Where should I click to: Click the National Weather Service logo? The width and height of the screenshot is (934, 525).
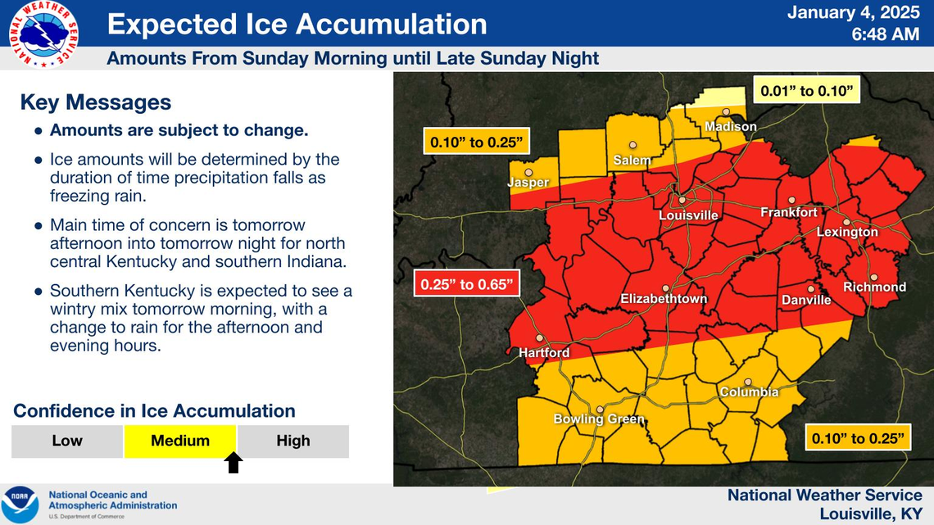44,34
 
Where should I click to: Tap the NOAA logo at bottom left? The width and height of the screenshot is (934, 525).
20,504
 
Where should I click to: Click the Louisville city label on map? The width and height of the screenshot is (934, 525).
688,215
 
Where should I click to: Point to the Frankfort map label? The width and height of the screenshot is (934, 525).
789,212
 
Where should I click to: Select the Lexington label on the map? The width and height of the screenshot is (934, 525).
847,232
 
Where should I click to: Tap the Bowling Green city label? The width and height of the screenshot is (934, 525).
599,419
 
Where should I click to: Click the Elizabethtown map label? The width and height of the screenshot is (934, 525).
664,299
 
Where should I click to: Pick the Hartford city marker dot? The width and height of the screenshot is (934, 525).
539,337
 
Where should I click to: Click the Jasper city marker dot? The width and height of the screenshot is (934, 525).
529,173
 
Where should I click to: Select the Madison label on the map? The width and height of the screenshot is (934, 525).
731,127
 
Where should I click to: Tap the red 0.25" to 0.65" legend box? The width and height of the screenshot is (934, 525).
467,285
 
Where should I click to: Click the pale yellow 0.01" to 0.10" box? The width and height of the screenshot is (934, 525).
807,91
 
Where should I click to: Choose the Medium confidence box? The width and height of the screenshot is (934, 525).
180,441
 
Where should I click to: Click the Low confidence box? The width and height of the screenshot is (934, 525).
67,441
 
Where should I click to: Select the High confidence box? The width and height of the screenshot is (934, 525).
292,441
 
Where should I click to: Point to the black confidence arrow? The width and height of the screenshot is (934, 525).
233,464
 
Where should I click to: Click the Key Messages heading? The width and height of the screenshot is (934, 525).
96,102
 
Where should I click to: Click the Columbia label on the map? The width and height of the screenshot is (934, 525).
749,392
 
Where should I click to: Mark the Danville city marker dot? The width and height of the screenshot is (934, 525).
810,288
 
